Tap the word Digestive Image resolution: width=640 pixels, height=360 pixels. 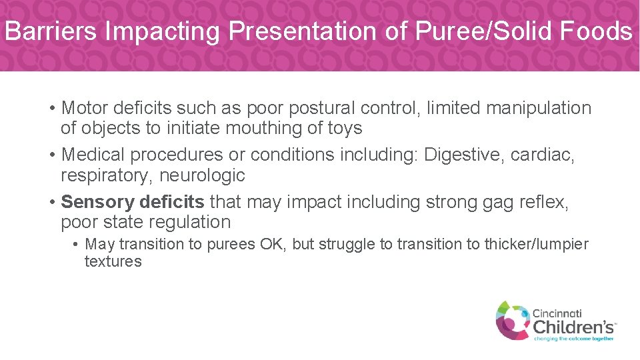coord(464,155)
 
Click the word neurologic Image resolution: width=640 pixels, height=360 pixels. coord(202,175)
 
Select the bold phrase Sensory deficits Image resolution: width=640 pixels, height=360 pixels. coord(133,202)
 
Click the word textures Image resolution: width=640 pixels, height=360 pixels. coord(113,261)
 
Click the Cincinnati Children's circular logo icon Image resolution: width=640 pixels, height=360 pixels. coord(512,319)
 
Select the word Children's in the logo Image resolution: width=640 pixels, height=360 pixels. coord(573,327)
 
